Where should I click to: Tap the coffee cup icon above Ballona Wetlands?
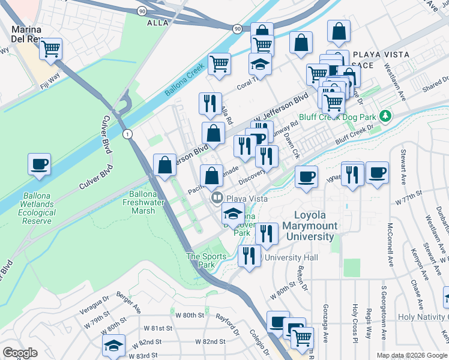[39, 164]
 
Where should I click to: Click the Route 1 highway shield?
[127, 134]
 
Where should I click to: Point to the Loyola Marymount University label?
[316, 226]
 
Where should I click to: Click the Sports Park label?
[206, 260]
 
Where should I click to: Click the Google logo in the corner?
[20, 352]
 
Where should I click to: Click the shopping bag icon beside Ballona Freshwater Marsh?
[164, 165]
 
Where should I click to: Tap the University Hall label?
[291, 257]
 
